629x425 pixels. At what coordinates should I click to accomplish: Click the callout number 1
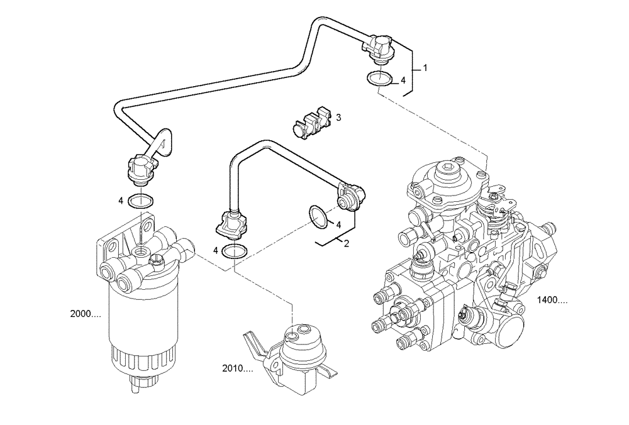425,68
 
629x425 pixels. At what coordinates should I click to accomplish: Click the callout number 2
346,244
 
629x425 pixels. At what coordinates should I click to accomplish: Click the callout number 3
338,118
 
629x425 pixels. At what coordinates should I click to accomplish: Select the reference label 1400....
552,301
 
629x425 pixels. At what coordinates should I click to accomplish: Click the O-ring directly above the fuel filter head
140,201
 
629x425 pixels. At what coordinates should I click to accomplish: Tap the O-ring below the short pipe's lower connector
235,251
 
